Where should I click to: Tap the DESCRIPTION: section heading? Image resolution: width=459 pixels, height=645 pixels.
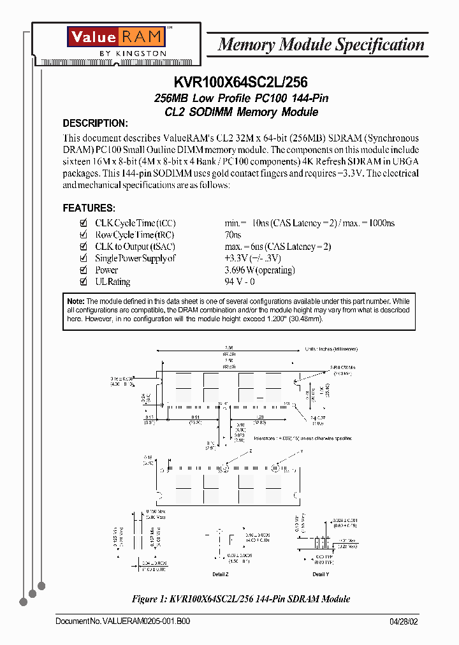click(x=95, y=124)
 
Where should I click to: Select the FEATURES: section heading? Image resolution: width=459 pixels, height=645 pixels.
click(x=89, y=208)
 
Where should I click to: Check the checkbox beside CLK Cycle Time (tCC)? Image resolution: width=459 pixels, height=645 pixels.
click(x=83, y=223)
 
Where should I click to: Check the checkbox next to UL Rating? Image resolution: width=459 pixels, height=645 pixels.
click(x=83, y=282)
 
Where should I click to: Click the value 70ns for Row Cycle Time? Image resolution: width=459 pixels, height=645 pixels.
click(x=233, y=235)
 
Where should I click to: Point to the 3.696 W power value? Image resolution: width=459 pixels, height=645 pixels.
click(x=259, y=270)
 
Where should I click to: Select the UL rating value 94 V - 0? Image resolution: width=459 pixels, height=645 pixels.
click(x=240, y=282)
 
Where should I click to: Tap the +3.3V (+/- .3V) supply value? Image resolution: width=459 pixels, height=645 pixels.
click(x=252, y=258)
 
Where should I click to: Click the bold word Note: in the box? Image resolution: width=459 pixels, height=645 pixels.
click(x=76, y=301)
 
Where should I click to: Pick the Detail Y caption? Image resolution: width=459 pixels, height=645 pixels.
click(x=321, y=574)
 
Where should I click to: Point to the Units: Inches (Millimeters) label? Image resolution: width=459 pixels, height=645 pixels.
click(x=331, y=349)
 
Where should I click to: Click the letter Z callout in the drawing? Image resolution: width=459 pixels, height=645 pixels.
click(x=250, y=450)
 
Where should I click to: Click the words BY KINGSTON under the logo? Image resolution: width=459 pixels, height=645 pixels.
click(x=135, y=54)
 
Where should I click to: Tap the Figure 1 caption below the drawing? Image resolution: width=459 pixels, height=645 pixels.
click(x=241, y=599)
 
